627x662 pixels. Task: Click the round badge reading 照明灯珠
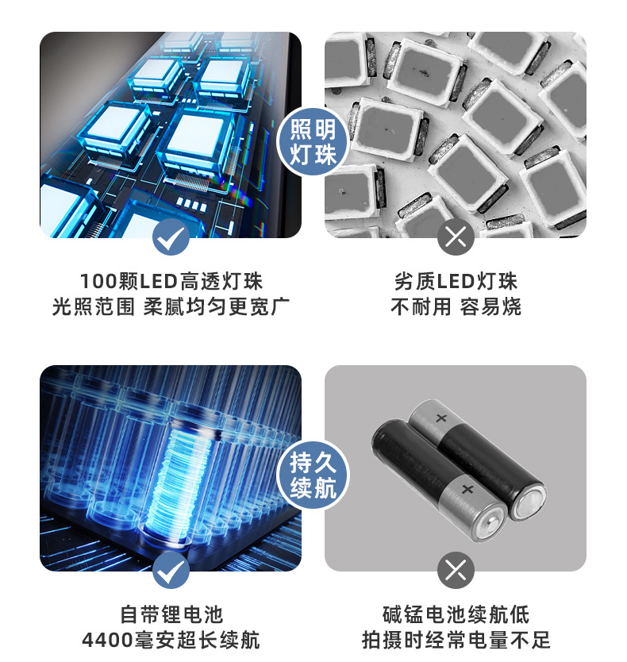(x=313, y=141)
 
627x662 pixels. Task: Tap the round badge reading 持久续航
(x=313, y=475)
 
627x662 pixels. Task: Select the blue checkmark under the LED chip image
(x=171, y=237)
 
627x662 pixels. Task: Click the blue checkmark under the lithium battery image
(x=171, y=570)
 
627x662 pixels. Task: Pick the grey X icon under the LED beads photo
(x=455, y=237)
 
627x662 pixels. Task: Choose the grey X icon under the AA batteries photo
(x=455, y=570)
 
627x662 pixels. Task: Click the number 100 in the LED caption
(x=98, y=282)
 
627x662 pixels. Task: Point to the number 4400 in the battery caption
(x=107, y=640)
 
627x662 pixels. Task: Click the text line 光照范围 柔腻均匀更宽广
(x=171, y=306)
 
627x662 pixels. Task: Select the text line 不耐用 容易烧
(x=456, y=306)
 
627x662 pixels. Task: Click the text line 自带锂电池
(x=171, y=614)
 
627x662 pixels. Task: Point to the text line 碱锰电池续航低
(x=456, y=614)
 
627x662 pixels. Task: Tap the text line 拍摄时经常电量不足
(x=456, y=640)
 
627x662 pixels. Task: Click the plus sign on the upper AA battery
(x=441, y=418)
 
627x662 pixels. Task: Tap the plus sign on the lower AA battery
(x=467, y=490)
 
